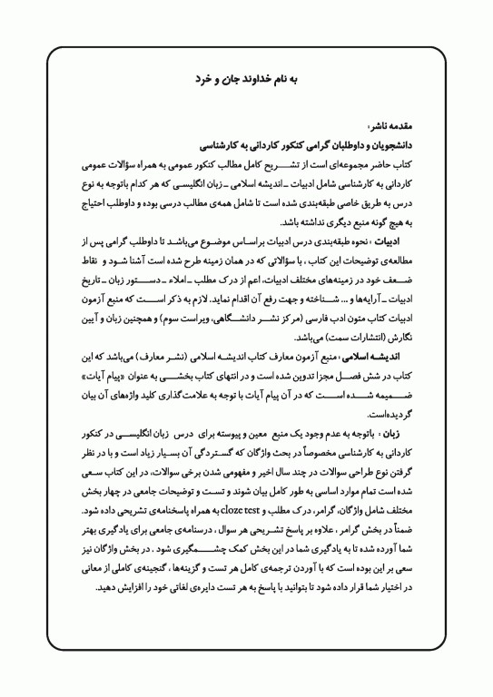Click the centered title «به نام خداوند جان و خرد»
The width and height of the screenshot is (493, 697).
pyautogui.click(x=246, y=80)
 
